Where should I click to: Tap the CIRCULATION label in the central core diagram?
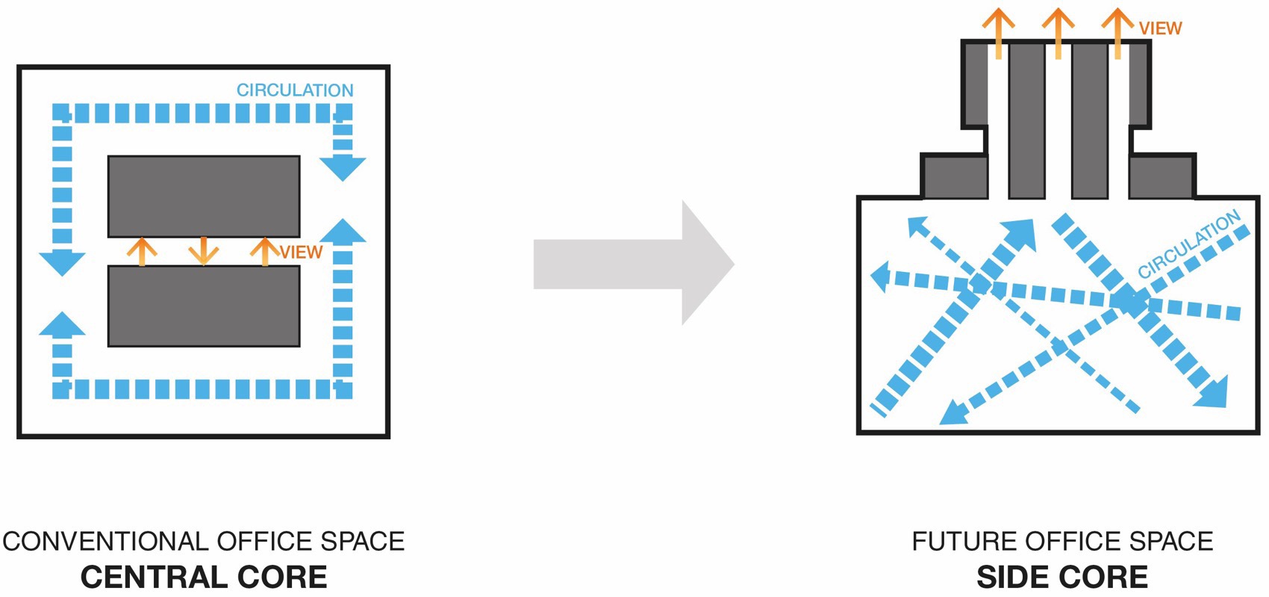pos(295,90)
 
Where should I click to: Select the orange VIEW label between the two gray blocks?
pos(302,253)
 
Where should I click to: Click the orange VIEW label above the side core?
pos(1160,28)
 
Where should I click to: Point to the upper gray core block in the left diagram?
pos(204,197)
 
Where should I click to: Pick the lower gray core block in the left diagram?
pos(204,306)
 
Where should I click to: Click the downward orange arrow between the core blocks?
pos(204,250)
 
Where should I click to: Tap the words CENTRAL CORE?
pos(204,577)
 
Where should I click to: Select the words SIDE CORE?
pos(1062,577)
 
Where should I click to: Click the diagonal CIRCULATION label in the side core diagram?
pos(1188,244)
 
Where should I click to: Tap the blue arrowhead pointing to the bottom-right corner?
pos(1212,393)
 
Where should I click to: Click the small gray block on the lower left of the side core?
pos(955,177)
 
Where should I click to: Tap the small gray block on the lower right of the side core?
pos(1162,177)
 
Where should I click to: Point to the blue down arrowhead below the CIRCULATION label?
pos(343,168)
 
